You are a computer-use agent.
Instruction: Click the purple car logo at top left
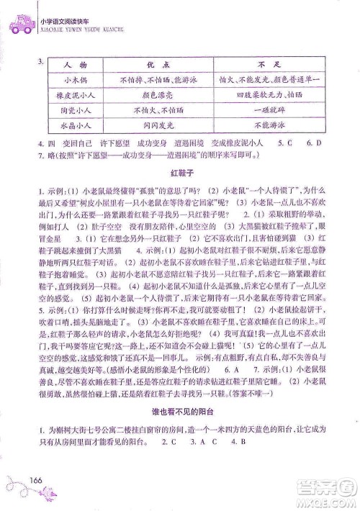click(x=17, y=24)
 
